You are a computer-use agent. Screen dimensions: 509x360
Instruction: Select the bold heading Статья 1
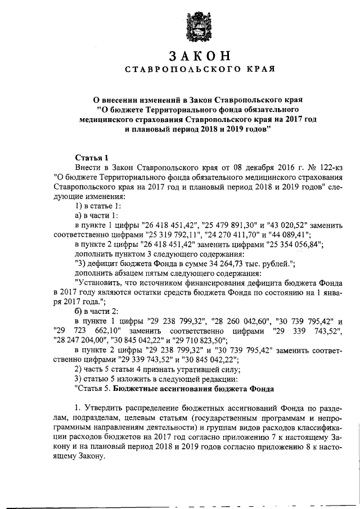(x=91, y=157)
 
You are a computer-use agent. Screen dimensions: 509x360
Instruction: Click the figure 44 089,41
(x=303, y=234)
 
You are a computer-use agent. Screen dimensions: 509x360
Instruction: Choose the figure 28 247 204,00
(x=76, y=341)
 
